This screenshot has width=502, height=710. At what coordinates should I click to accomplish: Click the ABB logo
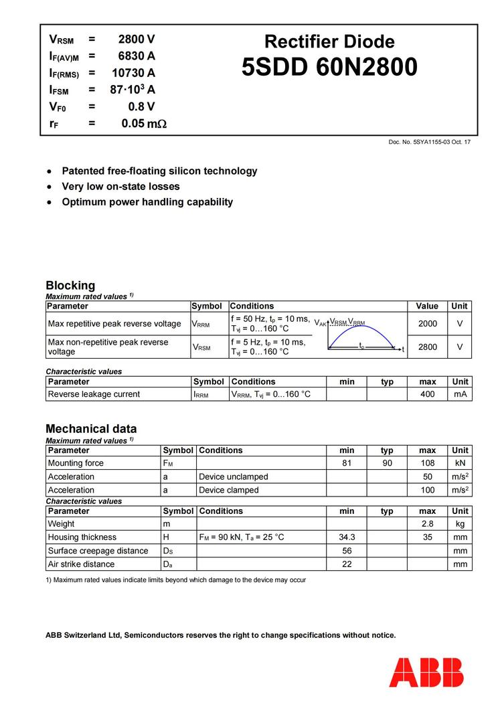(426, 672)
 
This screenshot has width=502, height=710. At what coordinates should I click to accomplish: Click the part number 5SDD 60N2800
(329, 68)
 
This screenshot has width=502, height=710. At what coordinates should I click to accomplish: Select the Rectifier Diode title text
(329, 41)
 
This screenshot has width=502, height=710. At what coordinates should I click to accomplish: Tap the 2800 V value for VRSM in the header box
(137, 39)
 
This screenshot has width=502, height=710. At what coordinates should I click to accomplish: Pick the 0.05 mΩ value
(144, 124)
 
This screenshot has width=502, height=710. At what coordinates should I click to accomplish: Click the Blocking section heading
(70, 285)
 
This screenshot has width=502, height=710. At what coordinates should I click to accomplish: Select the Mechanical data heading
(91, 428)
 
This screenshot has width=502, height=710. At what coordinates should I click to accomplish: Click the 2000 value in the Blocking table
(427, 324)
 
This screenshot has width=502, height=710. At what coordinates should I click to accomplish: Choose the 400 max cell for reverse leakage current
(427, 394)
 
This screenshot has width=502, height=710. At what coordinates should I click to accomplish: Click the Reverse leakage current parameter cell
(94, 394)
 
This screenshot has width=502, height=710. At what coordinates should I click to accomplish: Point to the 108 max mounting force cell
(427, 463)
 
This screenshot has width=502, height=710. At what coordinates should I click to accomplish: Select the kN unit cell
(460, 463)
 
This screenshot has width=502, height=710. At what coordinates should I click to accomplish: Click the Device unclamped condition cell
(234, 476)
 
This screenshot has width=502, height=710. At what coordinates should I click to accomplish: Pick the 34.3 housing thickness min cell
(347, 537)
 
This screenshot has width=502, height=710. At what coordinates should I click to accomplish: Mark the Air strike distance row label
(81, 564)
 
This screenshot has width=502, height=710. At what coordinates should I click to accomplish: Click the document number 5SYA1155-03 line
(429, 142)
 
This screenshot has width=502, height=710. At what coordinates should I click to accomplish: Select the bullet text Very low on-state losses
(120, 187)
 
